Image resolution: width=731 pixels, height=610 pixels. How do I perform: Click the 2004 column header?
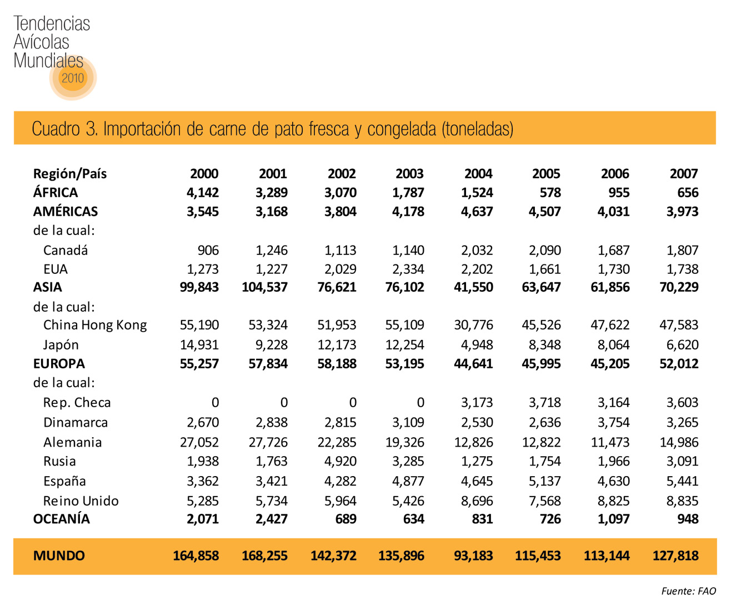tap(478, 174)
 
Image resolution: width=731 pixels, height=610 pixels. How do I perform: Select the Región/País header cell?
tap(69, 174)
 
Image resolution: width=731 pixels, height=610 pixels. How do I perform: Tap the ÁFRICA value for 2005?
tap(550, 193)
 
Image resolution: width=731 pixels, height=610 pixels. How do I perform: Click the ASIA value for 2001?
tap(264, 287)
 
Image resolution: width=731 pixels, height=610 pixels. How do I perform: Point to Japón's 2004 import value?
tap(477, 345)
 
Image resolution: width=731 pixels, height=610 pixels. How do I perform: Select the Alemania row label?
tap(72, 443)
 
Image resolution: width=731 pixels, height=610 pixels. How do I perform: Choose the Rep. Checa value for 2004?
tap(477, 403)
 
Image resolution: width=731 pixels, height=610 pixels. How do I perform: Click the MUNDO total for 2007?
tap(675, 556)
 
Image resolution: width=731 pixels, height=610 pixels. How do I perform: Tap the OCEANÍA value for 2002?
tap(346, 519)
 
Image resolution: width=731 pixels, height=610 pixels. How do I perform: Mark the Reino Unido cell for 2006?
tap(613, 501)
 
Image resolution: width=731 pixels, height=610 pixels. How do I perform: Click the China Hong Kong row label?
tap(94, 325)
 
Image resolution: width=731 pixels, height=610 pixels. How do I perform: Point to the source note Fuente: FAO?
tap(688, 591)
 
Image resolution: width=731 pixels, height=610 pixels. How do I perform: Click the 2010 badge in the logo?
tap(73, 78)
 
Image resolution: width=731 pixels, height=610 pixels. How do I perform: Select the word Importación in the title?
tap(142, 129)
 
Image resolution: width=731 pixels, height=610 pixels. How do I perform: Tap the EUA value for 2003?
tap(408, 269)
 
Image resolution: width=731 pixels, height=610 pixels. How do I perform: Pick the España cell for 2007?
tap(682, 481)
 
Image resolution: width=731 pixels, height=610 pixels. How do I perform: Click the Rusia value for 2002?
tap(340, 462)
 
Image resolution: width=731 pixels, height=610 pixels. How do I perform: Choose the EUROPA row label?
tap(59, 364)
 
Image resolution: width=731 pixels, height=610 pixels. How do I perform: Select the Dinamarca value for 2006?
tap(613, 423)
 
